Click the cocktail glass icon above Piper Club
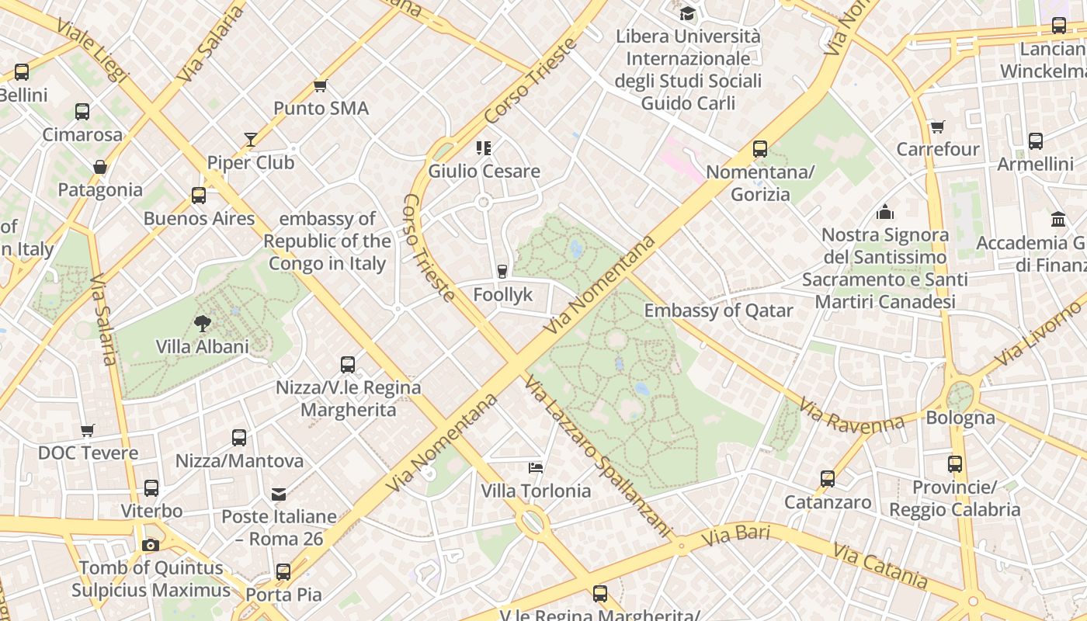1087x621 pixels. pos(250,140)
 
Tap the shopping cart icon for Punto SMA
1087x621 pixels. pos(320,85)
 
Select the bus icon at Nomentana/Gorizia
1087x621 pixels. pos(759,148)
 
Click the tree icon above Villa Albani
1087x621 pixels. pos(203,324)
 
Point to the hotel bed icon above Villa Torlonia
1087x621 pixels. pos(536,467)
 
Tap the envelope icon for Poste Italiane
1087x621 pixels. pos(278,494)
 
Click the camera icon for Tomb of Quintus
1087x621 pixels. pos(151,545)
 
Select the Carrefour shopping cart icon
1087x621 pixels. pos(938,127)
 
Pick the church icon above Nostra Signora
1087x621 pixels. pos(884,212)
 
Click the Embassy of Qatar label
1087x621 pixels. pos(718,310)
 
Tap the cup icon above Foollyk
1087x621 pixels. pos(502,271)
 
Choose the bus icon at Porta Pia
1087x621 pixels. pos(283,572)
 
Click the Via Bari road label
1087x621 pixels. pos(735,536)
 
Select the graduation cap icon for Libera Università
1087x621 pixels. pos(687,13)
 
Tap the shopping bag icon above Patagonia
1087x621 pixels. pos(100,167)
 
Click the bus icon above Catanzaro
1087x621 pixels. pos(828,479)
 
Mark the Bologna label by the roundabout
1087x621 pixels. pos(960,418)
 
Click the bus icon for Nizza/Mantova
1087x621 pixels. pos(239,438)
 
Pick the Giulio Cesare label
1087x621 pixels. pos(484,172)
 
